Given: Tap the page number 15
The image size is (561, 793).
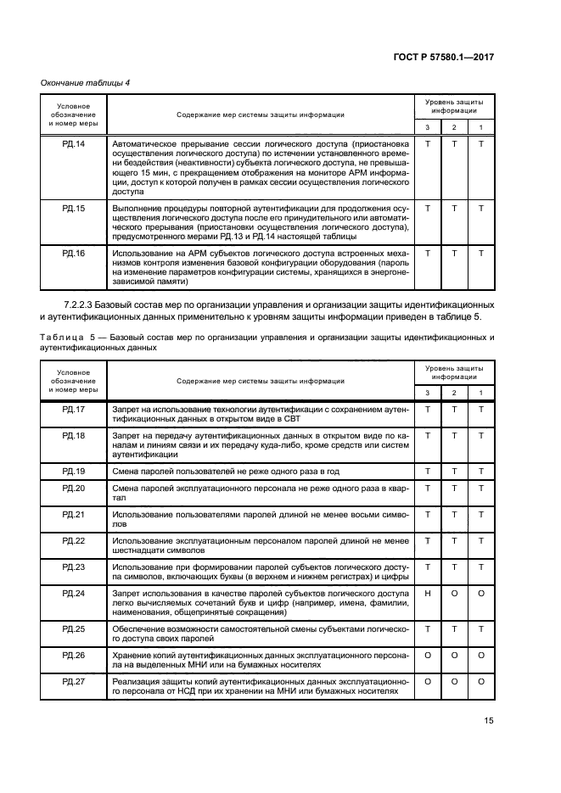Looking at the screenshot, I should point(488,721).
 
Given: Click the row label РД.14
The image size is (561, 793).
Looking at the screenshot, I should point(74,144).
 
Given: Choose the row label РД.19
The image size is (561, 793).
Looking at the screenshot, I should point(74,471).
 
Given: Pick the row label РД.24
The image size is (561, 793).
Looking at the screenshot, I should point(74,594).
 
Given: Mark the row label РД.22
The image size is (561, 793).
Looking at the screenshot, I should point(74,540).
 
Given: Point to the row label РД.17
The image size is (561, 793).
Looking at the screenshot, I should point(74,410).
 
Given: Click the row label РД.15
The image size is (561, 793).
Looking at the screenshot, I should point(74,208).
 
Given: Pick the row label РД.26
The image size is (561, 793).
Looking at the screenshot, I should point(74,655).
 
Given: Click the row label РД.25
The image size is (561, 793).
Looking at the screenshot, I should point(74,628).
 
